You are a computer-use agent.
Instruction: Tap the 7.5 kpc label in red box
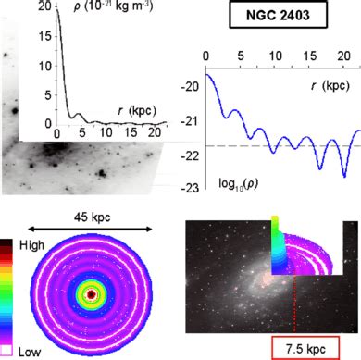pyautogui.click(x=306, y=347)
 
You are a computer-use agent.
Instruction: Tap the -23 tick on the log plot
pyautogui.click(x=192, y=188)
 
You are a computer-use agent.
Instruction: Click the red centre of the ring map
pyautogui.click(x=91, y=294)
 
